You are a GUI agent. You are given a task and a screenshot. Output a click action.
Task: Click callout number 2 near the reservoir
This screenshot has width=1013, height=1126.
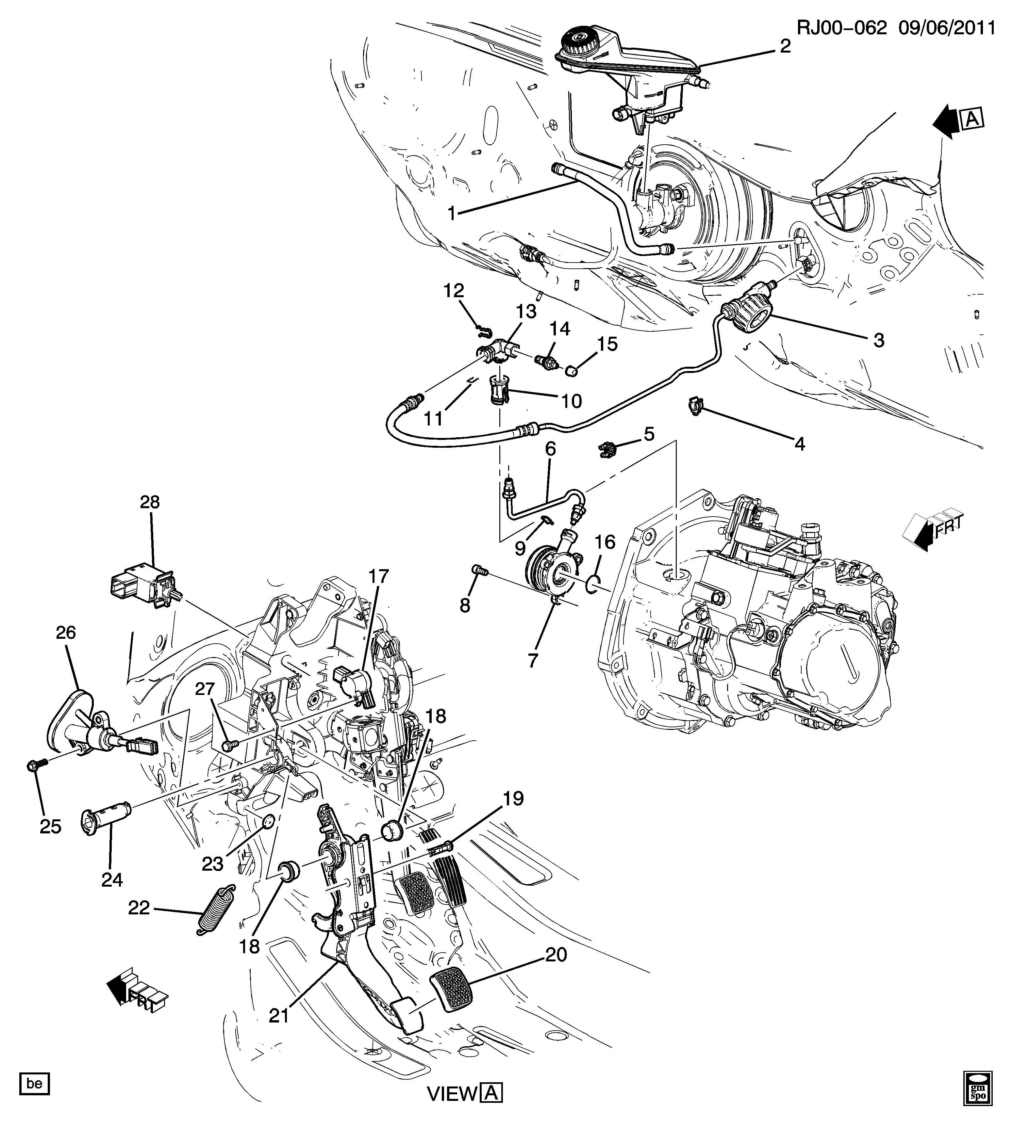[x=785, y=46]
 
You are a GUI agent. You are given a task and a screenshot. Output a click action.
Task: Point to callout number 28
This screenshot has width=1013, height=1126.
[x=150, y=502]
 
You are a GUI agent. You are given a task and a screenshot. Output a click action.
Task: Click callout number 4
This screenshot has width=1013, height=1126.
[x=799, y=444]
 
